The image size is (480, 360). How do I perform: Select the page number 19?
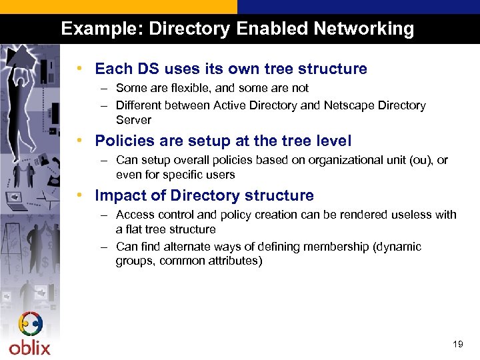[x=457, y=345]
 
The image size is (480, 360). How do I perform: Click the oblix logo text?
[x=29, y=347]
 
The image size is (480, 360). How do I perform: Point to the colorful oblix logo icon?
[x=30, y=325]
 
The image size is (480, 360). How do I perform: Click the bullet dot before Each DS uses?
[x=79, y=69]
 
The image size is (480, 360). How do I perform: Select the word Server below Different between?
[x=133, y=120]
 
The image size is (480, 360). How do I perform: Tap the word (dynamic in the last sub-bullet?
[x=399, y=247]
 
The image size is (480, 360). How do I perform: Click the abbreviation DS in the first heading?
[x=147, y=69]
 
